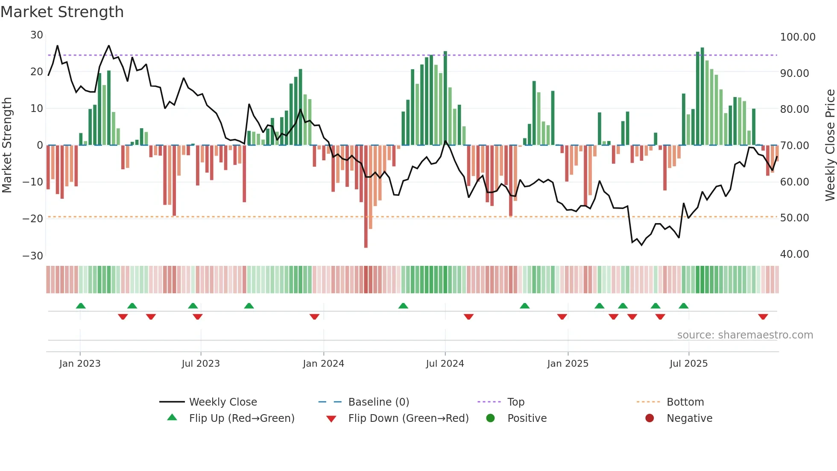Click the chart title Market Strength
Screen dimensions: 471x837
coord(62,12)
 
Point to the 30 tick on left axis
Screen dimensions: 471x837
coord(37,35)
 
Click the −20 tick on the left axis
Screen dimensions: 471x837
coord(33,219)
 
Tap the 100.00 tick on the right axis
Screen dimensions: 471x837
coord(797,37)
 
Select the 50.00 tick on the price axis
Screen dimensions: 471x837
coord(794,218)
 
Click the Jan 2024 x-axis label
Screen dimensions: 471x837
coord(323,364)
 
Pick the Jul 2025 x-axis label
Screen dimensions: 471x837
coord(688,364)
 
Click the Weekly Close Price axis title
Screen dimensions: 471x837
coord(830,145)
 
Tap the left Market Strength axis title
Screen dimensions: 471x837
coord(7,145)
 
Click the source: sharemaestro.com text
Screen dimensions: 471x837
coord(745,335)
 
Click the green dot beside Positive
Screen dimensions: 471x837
coord(490,418)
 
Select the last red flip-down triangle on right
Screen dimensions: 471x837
coord(763,317)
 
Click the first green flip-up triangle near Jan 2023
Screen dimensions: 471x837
coord(81,306)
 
